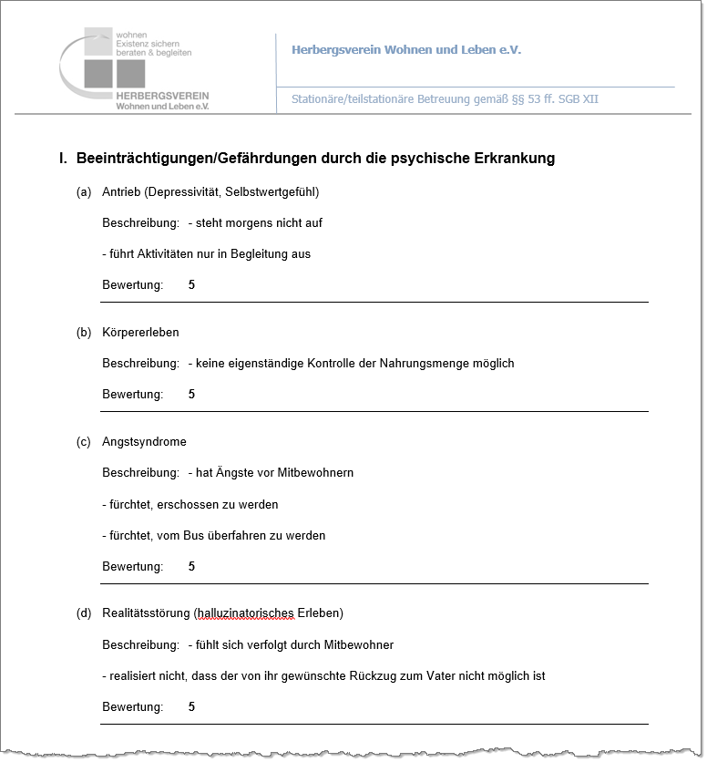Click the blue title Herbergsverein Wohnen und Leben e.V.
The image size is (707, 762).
pos(406,50)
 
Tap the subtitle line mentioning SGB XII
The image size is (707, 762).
pos(445,99)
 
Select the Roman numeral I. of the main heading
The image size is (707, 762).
pos(63,159)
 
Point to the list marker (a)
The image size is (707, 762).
pos(84,192)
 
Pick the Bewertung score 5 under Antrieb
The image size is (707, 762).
pos(191,285)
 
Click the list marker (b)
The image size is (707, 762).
pos(84,333)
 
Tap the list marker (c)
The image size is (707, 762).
pos(84,442)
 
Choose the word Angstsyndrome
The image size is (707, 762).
pos(144,442)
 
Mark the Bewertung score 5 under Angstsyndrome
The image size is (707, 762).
pos(191,567)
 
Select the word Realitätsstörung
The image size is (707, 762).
pos(145,613)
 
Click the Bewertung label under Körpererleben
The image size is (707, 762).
pos(132,395)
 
